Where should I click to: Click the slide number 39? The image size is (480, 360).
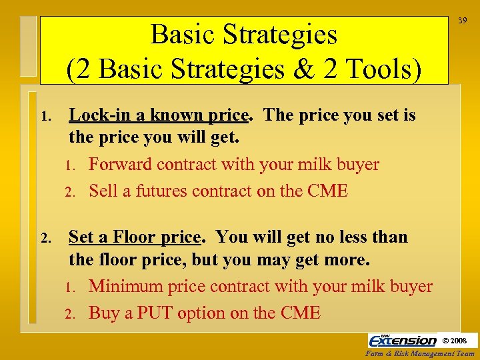point(462,22)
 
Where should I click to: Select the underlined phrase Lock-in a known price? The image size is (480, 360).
point(159,115)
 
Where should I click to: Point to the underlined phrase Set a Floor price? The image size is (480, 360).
point(135,237)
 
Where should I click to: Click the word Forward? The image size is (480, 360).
point(119,165)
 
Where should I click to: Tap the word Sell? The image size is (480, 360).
point(103,191)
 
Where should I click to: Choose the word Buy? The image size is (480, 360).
point(104,313)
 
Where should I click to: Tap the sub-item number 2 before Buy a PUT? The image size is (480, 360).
point(69,314)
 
